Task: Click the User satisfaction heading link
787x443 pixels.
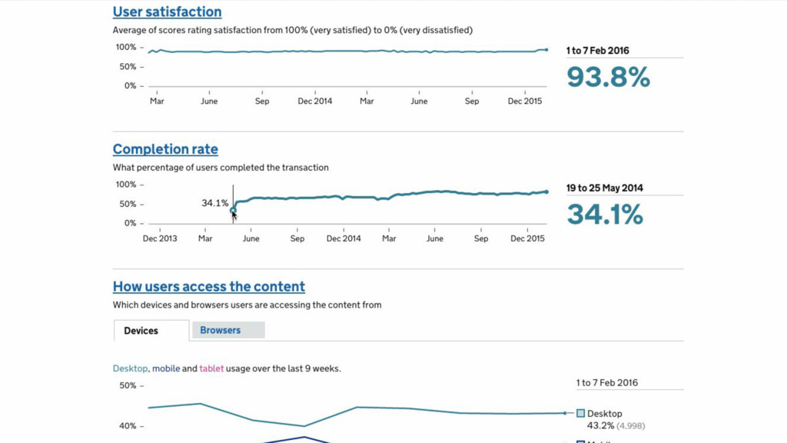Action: click(167, 12)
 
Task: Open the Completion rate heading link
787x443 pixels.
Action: click(165, 149)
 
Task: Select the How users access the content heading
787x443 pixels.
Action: click(208, 287)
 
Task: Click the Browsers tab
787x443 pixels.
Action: click(221, 330)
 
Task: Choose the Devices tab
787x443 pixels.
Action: click(141, 331)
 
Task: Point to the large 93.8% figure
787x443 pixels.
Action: click(608, 78)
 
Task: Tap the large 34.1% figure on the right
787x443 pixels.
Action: click(605, 215)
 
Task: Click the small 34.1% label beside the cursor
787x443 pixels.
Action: click(215, 203)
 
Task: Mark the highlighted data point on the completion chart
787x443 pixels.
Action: click(233, 210)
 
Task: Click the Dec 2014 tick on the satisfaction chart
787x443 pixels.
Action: click(315, 101)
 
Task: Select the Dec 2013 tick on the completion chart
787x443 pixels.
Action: click(160, 238)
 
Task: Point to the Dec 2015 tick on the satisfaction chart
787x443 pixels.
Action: click(526, 101)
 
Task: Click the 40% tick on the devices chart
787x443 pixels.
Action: click(128, 426)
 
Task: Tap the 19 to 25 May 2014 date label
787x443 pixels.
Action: click(605, 188)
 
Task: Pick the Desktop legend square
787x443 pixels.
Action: click(581, 414)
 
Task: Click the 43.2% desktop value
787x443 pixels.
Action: click(600, 425)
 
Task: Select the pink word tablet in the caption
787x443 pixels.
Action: click(211, 368)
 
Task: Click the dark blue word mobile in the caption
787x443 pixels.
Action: click(166, 368)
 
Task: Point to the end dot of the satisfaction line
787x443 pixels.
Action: click(546, 49)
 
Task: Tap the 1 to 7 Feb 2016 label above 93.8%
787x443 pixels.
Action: click(598, 51)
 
